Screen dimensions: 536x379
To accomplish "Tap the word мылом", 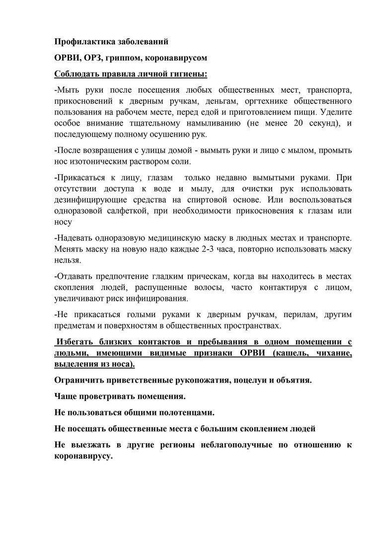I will point(285,150).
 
